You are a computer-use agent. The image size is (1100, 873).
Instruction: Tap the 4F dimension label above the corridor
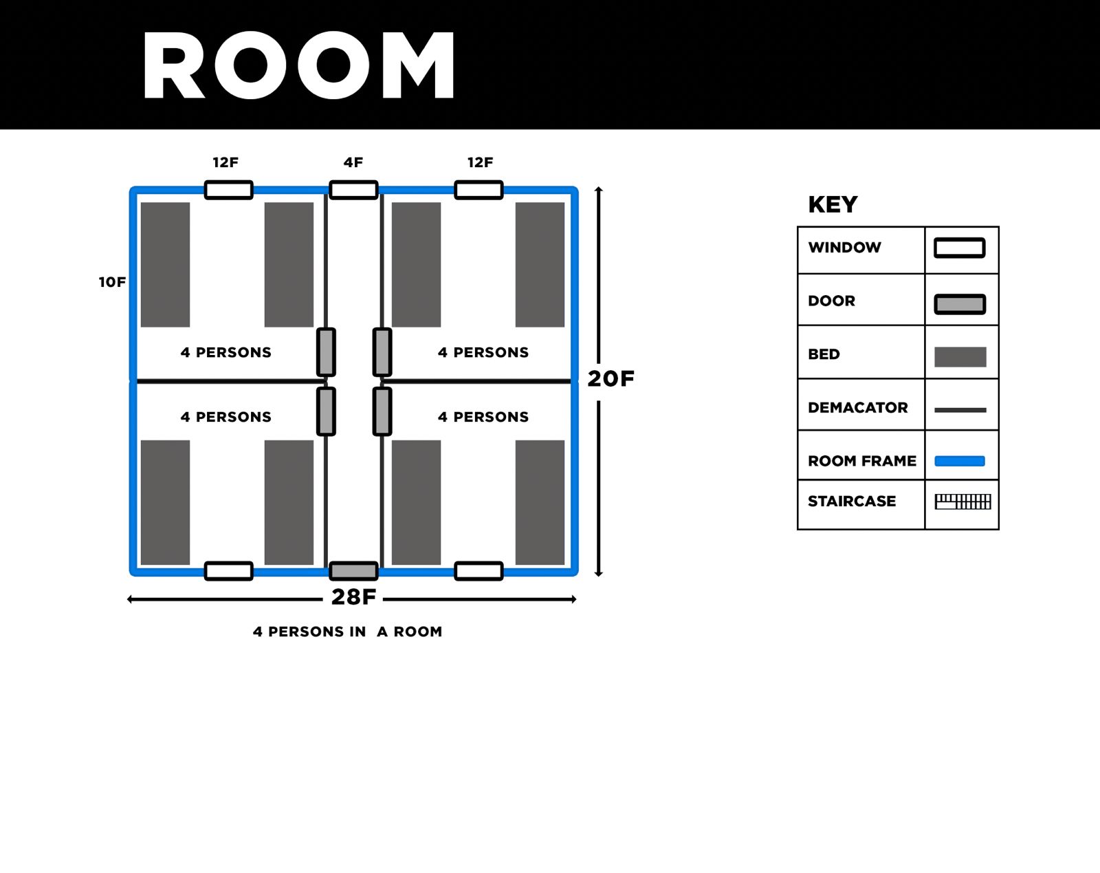pos(353,162)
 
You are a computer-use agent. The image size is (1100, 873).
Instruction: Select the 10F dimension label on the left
pos(112,282)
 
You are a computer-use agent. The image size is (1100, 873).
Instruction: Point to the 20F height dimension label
pos(610,378)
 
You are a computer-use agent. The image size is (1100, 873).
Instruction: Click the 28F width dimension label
pos(353,596)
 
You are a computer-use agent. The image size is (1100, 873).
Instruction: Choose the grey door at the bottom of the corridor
pos(353,570)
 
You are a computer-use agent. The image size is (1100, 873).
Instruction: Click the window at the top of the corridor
pos(353,190)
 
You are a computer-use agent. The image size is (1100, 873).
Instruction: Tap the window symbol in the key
pos(960,248)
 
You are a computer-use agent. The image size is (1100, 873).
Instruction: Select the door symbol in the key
pos(960,303)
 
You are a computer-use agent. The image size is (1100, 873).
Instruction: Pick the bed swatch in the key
pos(960,356)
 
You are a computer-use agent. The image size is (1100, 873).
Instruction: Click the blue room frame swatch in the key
pos(960,461)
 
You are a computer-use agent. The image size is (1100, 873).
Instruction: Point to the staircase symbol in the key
pos(962,502)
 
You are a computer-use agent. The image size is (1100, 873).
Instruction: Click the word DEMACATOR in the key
pos(857,407)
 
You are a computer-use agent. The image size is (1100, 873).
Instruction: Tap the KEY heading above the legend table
pos(833,204)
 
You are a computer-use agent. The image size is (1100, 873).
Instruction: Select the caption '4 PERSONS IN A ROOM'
pos(347,632)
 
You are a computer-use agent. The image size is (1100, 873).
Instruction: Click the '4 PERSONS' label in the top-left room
pos(225,352)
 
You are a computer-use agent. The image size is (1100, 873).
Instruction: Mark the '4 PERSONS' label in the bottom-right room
pos(483,417)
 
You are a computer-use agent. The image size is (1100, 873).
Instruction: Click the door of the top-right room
pos(382,352)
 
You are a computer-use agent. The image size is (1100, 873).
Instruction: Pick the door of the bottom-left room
pos(326,411)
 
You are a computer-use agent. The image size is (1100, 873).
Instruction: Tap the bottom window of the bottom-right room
pos(478,570)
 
